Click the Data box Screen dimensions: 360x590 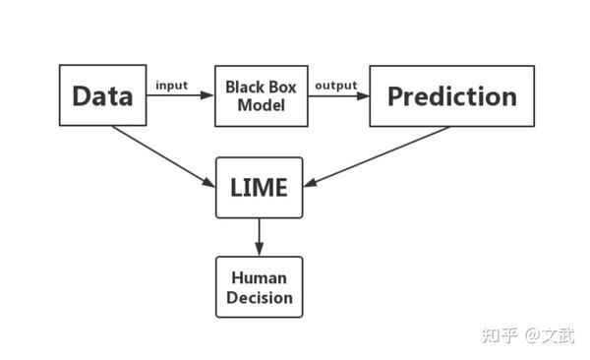[x=102, y=95]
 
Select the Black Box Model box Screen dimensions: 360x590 [x=261, y=95]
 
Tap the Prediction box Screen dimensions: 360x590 [x=451, y=95]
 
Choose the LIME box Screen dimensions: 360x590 [x=260, y=187]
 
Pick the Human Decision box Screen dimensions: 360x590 [x=260, y=286]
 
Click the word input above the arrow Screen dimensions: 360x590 [x=171, y=85]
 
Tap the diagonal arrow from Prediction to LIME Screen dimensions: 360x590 [x=379, y=155]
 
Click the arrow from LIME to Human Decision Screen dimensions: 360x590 [x=260, y=236]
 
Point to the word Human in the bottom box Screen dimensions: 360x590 [x=260, y=276]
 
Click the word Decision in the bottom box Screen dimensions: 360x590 [x=260, y=296]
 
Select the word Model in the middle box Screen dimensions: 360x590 [x=261, y=104]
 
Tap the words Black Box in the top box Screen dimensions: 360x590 [x=261, y=86]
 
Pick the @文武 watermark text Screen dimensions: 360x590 [x=546, y=333]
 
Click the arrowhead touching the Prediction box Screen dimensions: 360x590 [x=363, y=96]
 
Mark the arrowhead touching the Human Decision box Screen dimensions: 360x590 [x=260, y=251]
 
